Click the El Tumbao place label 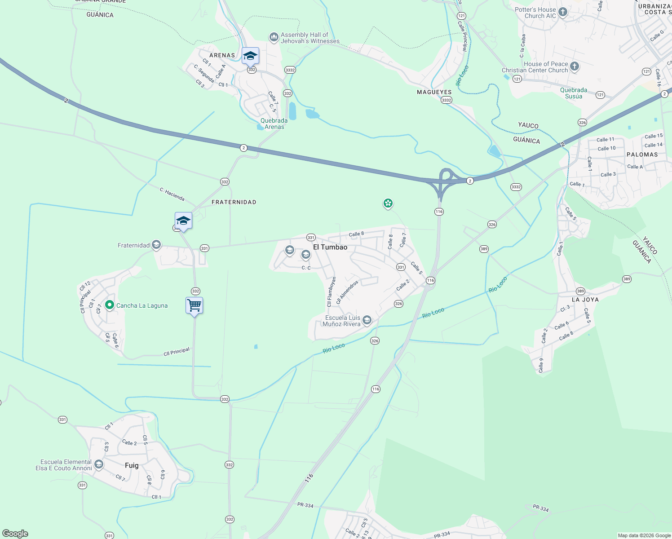tap(330, 247)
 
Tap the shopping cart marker tap(194, 306)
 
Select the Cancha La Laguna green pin tap(109, 305)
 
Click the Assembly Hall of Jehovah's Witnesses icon tap(274, 37)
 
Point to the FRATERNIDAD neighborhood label tap(234, 202)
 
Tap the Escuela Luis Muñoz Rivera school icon tap(367, 320)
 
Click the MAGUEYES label tap(434, 92)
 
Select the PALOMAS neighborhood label tap(642, 155)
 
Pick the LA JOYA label tap(585, 300)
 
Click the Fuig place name tap(132, 465)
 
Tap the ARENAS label tap(222, 55)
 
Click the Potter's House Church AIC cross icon tap(563, 12)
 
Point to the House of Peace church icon tap(575, 67)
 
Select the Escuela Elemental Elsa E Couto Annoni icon tap(99, 464)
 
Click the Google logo tap(15, 534)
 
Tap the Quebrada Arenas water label tap(274, 124)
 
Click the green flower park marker tap(388, 203)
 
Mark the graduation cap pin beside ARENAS tap(250, 56)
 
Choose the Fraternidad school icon tap(156, 245)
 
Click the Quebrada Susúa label tap(574, 93)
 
